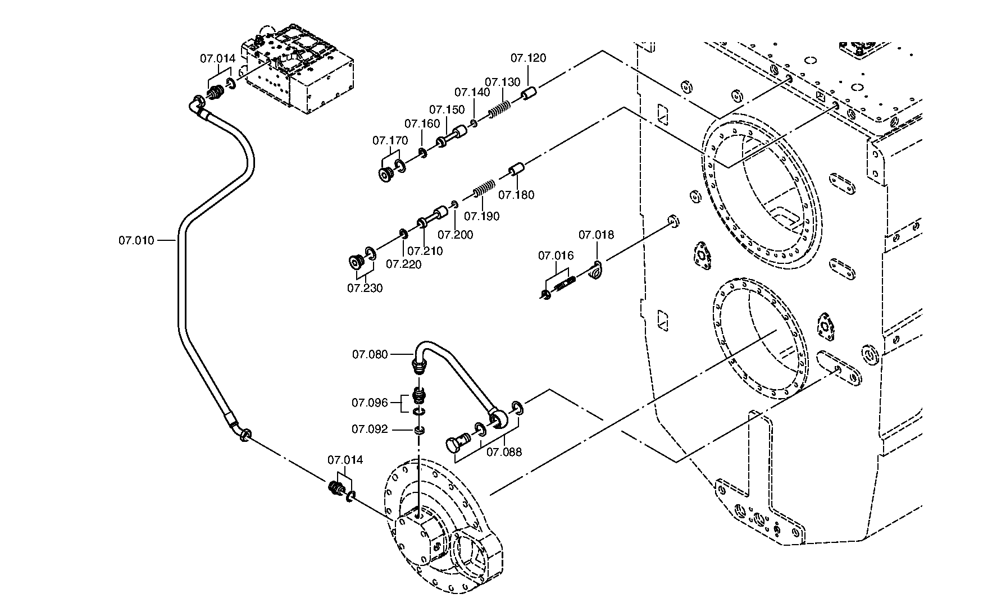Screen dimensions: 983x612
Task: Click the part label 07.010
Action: click(136, 241)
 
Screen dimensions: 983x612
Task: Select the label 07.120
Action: click(528, 58)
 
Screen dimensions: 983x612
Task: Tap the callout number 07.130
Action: click(503, 82)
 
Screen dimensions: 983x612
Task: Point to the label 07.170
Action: click(390, 140)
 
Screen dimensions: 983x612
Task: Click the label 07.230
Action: click(365, 288)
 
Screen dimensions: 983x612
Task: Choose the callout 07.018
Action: click(597, 235)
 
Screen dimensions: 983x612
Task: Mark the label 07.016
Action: click(556, 256)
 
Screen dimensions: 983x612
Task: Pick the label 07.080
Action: click(370, 354)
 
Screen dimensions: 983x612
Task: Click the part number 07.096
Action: click(370, 403)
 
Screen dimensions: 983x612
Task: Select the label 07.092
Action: click(370, 430)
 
